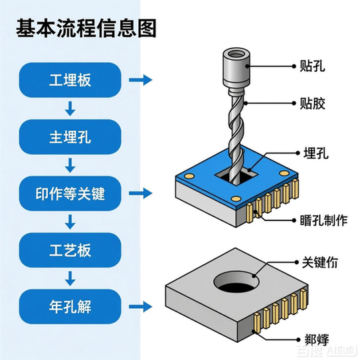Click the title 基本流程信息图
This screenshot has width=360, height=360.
87,28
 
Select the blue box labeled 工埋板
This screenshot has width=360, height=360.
70,80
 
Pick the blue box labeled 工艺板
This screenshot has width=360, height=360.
70,251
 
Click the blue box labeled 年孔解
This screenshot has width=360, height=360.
70,307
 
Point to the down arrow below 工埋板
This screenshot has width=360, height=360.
70,108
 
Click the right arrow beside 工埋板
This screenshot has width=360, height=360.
139,80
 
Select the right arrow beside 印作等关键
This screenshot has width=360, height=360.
139,194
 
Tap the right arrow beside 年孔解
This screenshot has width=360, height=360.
139,307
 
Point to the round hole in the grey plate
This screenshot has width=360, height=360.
236,284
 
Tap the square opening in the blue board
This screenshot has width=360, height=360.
236,177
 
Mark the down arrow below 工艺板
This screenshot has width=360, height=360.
70,279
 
